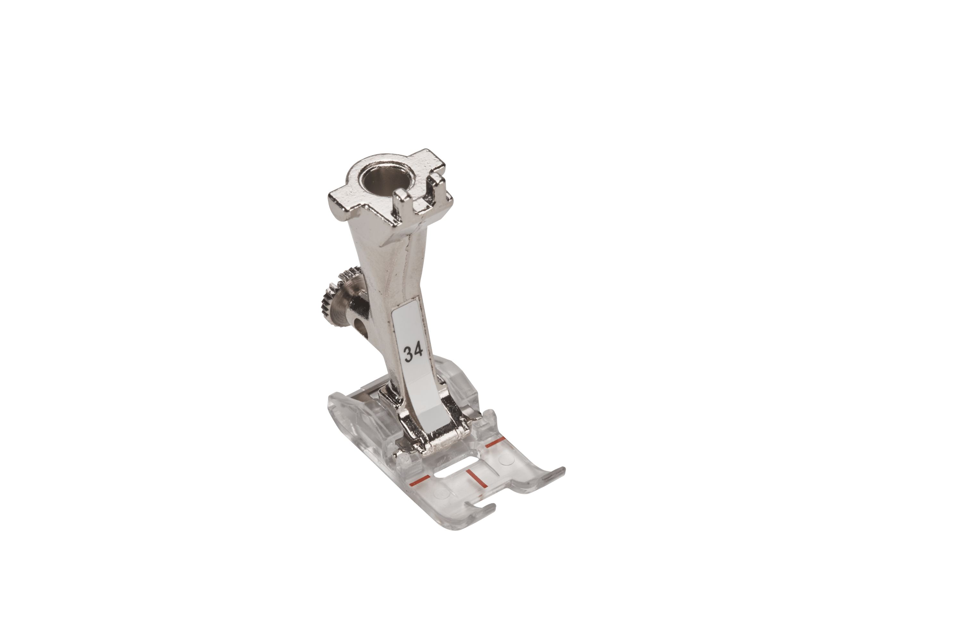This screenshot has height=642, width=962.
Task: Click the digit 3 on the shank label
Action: [409, 354]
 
